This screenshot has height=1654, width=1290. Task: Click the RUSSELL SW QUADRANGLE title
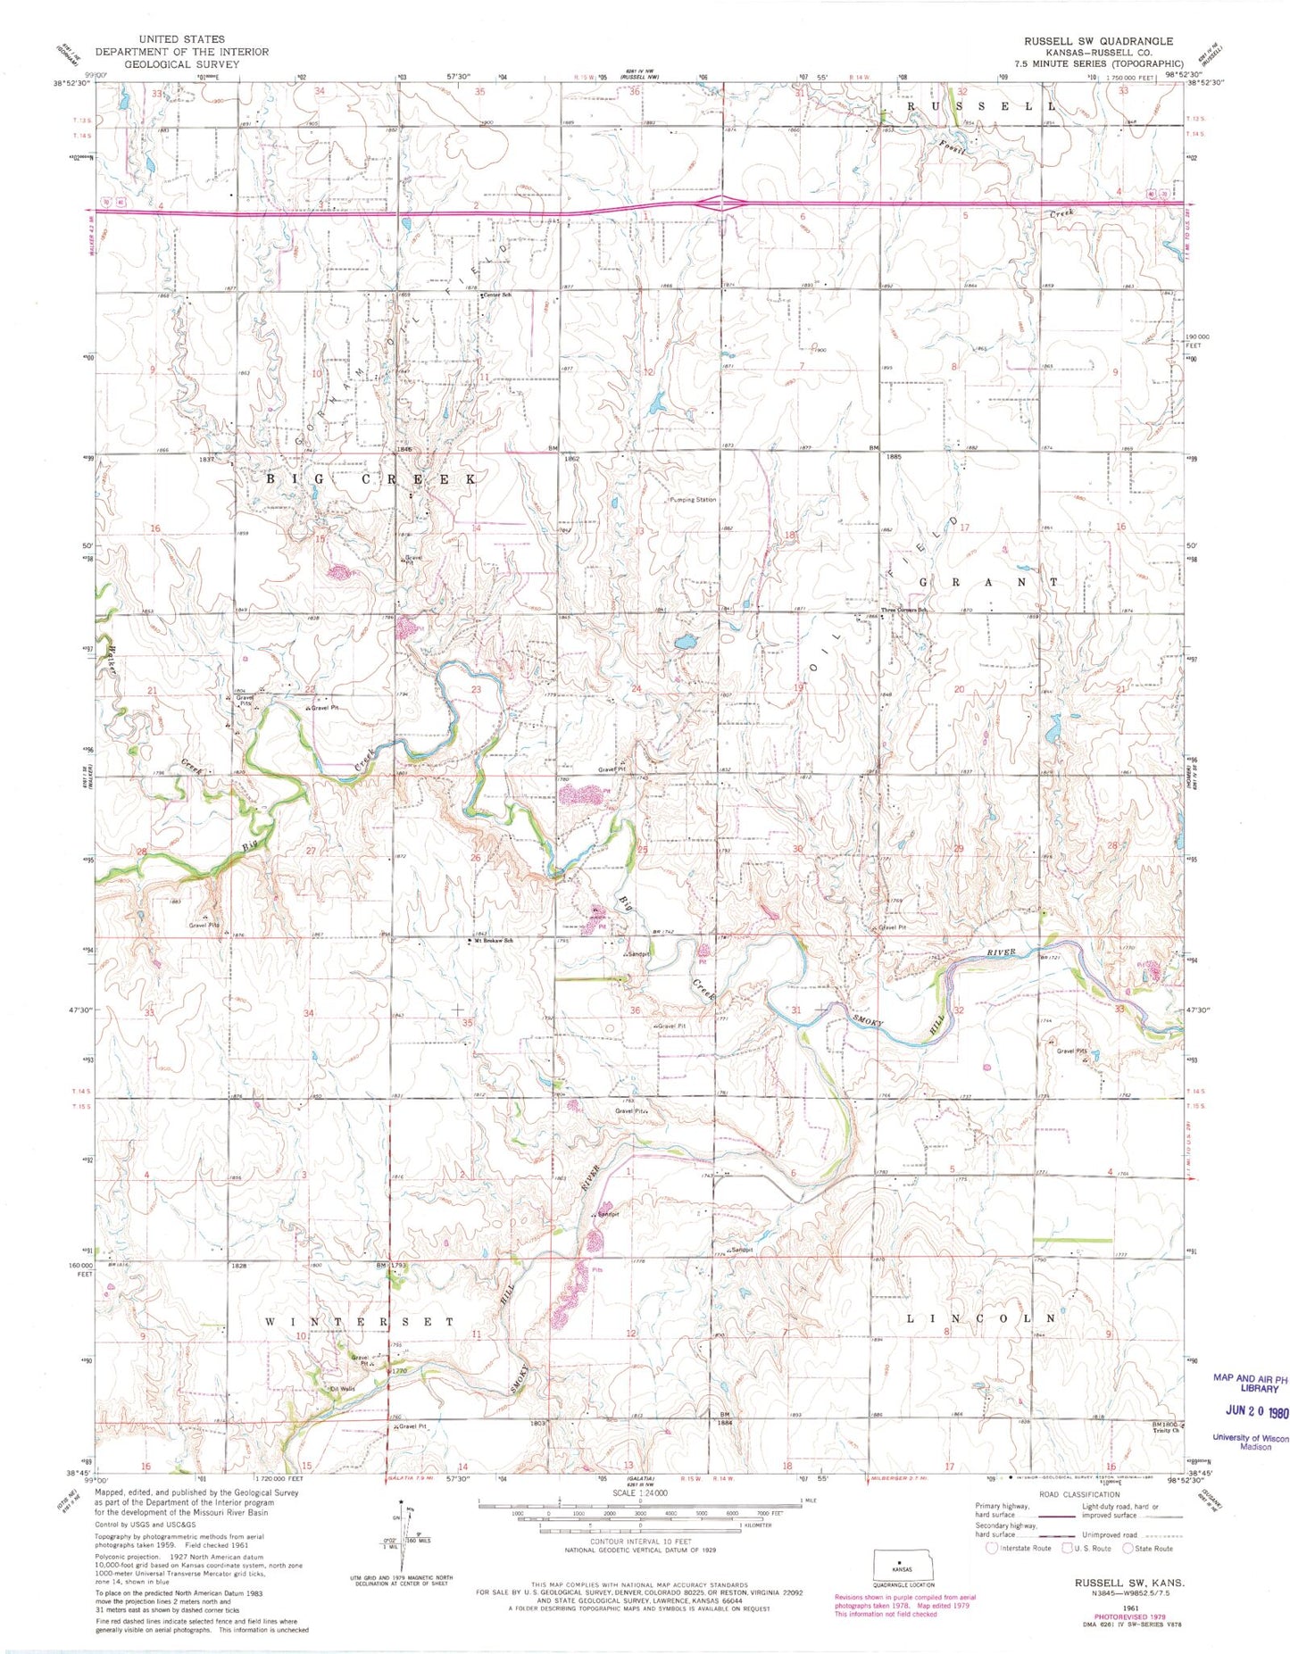pos(1097,41)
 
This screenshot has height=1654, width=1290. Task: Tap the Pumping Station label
pos(693,500)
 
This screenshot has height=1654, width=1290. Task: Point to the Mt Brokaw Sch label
pos(494,940)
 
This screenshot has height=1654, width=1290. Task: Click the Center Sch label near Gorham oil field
pos(497,295)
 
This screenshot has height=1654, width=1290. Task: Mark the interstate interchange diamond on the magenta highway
pos(720,204)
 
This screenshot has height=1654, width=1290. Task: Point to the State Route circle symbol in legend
pos(1128,1548)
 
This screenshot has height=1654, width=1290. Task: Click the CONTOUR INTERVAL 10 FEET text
pos(640,1542)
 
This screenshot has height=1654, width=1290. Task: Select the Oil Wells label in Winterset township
pos(342,1388)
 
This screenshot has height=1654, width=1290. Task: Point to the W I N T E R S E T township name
pos(360,1321)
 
